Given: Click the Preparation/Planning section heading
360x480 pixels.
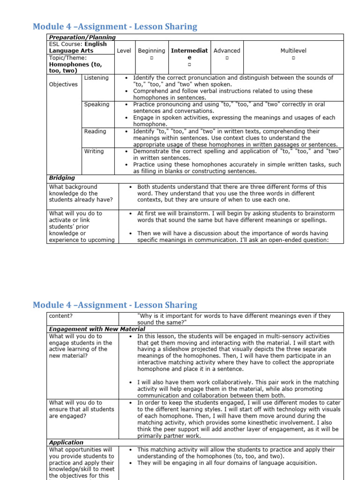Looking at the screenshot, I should (x=82, y=37).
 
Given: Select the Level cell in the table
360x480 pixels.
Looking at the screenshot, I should (x=124, y=51).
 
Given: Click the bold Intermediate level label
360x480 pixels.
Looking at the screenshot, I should (x=189, y=54).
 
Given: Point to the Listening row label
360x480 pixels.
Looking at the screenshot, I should (x=96, y=78).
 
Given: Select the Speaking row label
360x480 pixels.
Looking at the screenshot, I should (x=97, y=105).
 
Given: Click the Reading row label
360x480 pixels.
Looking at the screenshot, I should (x=95, y=132).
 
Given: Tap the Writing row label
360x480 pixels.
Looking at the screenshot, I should (x=94, y=151).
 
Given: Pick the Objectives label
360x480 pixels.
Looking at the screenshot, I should (x=64, y=84).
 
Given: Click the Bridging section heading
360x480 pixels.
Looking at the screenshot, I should (x=62, y=178).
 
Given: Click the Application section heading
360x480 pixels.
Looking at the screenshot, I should (x=66, y=442).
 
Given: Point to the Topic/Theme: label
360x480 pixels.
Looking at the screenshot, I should (x=68, y=58).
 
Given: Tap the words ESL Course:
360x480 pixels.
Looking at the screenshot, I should (x=66, y=44).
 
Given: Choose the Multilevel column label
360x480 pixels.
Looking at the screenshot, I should (x=293, y=51).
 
